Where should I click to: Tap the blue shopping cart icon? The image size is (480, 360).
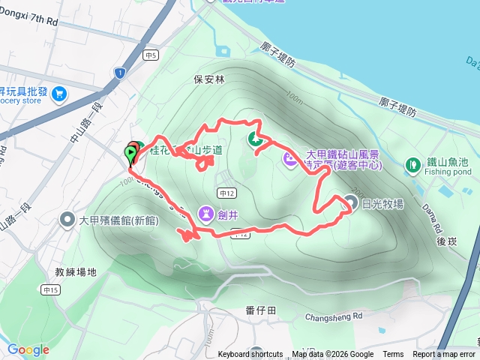58,94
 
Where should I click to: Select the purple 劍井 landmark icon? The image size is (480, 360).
205,214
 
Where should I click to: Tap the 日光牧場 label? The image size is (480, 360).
382,202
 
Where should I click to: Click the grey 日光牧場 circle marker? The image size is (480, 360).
350,201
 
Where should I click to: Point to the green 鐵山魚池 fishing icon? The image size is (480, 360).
412,164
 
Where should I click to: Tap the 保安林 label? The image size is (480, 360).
208,78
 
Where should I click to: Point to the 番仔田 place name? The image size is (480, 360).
261,310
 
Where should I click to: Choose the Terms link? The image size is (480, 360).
393,355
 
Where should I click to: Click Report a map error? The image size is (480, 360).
445,355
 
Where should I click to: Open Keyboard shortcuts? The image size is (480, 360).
250,355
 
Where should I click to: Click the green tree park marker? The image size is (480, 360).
254,138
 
